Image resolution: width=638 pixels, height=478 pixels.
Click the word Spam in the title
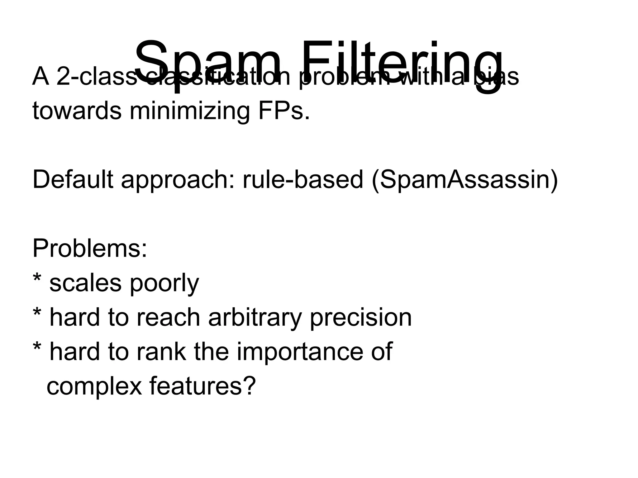point(207,62)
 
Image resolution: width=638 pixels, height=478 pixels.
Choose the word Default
point(73,180)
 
